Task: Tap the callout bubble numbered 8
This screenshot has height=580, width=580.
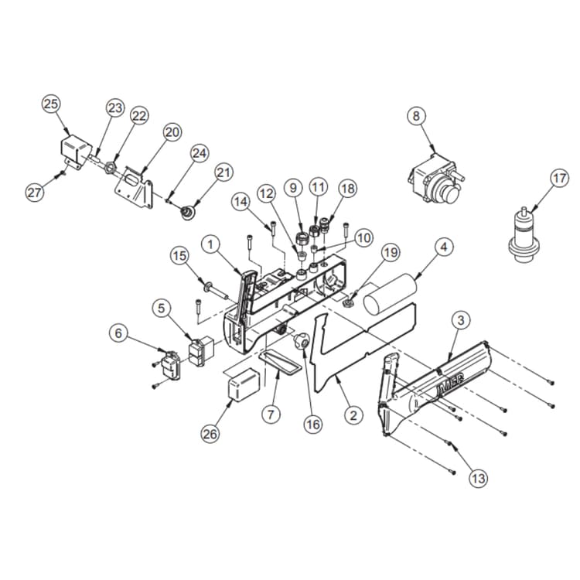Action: tap(417, 116)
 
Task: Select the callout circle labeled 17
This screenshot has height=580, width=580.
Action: tap(559, 178)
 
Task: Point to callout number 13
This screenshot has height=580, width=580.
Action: tap(479, 479)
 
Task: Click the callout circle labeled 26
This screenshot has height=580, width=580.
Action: tap(210, 434)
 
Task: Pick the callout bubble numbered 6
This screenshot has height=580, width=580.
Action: tap(118, 333)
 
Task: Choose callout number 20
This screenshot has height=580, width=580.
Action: tap(172, 132)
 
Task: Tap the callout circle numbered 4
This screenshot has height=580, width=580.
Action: tap(442, 248)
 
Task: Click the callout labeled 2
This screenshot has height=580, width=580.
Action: tap(353, 415)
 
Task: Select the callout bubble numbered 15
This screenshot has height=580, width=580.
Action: tap(179, 254)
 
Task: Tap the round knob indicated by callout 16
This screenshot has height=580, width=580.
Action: tap(302, 340)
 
